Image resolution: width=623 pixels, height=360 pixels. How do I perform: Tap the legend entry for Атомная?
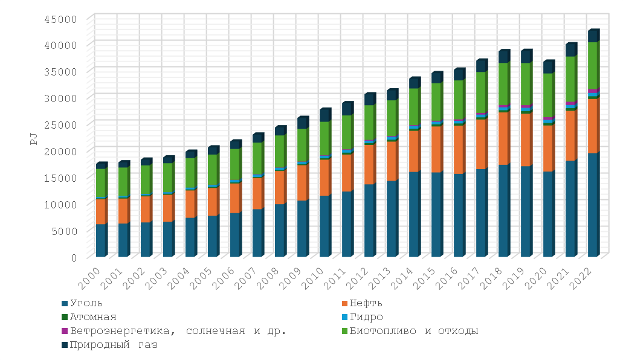pos(93,317)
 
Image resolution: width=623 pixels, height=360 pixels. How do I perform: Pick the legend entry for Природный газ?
pos(113,346)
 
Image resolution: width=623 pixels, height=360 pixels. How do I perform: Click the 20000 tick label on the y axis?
pos(61,151)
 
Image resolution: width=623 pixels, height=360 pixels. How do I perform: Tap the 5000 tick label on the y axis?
pos(63,231)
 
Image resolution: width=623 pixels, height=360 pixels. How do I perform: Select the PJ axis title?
pos(34,138)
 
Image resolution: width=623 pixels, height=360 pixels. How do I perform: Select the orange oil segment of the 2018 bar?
pos(503,138)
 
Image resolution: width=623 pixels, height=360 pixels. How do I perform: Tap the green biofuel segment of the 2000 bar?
pos(101,183)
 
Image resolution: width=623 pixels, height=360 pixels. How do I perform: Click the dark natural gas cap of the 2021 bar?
pos(570,50)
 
